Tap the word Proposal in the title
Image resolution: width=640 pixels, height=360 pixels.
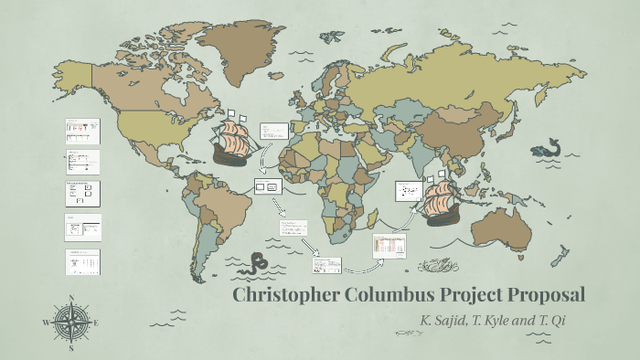(x=541, y=295)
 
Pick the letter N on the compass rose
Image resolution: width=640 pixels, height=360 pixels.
(x=71, y=297)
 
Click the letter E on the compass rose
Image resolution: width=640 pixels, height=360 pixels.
(x=96, y=323)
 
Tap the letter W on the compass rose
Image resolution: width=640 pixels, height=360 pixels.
(x=46, y=323)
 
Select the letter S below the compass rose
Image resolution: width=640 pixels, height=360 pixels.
(x=71, y=348)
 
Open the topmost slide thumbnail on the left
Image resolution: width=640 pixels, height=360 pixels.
(x=82, y=131)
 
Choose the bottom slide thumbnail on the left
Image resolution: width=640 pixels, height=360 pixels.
(x=83, y=261)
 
